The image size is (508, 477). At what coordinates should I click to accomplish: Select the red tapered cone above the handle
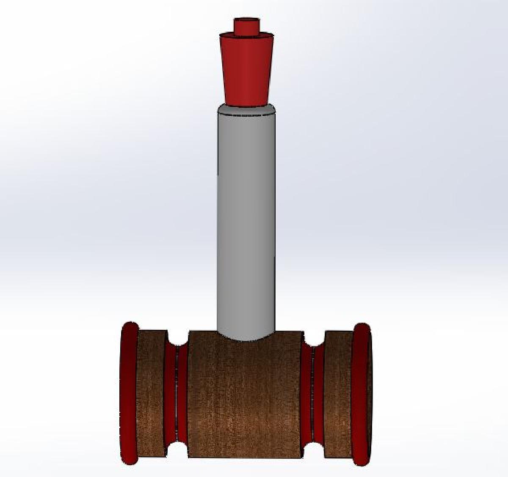[x=246, y=70]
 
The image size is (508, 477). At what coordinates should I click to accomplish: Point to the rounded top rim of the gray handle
[x=246, y=110]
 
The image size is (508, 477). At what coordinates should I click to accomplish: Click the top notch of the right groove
[x=313, y=338]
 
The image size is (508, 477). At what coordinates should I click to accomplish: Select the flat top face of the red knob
[x=246, y=20]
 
